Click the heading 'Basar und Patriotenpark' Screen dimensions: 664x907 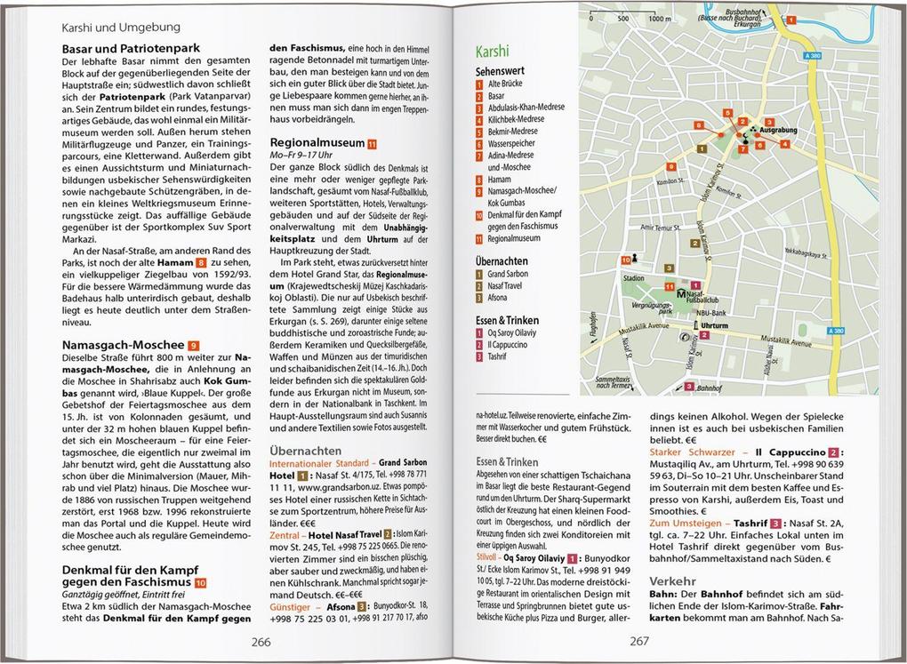tap(131, 48)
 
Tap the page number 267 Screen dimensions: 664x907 tap(640, 643)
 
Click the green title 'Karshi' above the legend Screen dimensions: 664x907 tap(494, 52)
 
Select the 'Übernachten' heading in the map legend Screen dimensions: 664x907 tap(502, 261)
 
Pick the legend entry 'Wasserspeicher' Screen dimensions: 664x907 tap(512, 143)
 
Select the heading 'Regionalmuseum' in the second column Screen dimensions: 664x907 tap(317, 141)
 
